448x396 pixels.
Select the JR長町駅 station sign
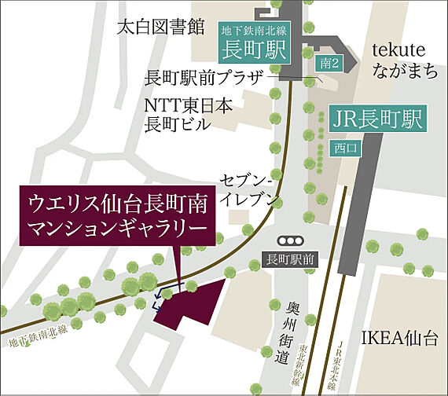[376, 120]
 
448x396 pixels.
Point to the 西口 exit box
[344, 148]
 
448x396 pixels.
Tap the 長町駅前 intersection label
[290, 259]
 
